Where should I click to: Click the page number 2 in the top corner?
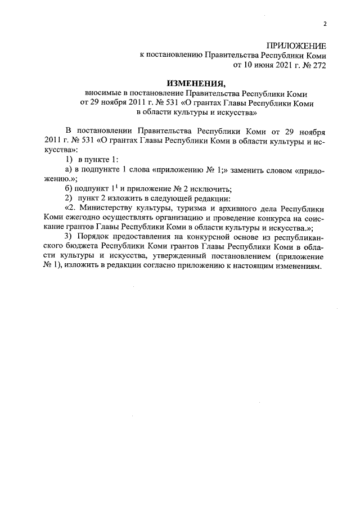(x=325, y=23)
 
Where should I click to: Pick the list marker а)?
(x=68, y=169)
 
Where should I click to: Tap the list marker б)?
(x=69, y=188)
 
